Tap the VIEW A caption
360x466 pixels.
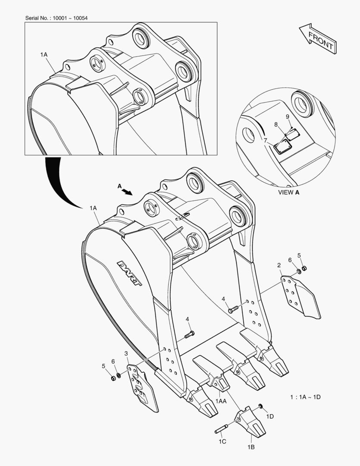[289, 192]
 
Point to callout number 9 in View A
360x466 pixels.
[287, 117]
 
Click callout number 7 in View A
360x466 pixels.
[266, 140]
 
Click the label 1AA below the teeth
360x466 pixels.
[221, 401]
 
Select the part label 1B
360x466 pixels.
[250, 447]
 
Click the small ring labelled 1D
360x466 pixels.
[261, 406]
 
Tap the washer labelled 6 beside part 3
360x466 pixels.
[119, 373]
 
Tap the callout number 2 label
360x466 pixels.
[279, 265]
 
